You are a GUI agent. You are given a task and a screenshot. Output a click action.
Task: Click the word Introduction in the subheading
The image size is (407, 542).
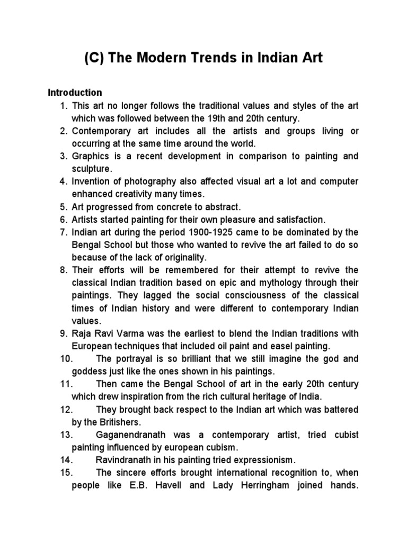coord(75,93)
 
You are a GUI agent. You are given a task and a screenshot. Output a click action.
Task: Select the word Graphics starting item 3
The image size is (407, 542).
coord(91,156)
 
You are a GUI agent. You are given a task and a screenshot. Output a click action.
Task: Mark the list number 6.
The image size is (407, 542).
coord(64,219)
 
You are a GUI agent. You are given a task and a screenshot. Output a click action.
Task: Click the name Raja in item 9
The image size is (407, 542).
coord(81,333)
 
